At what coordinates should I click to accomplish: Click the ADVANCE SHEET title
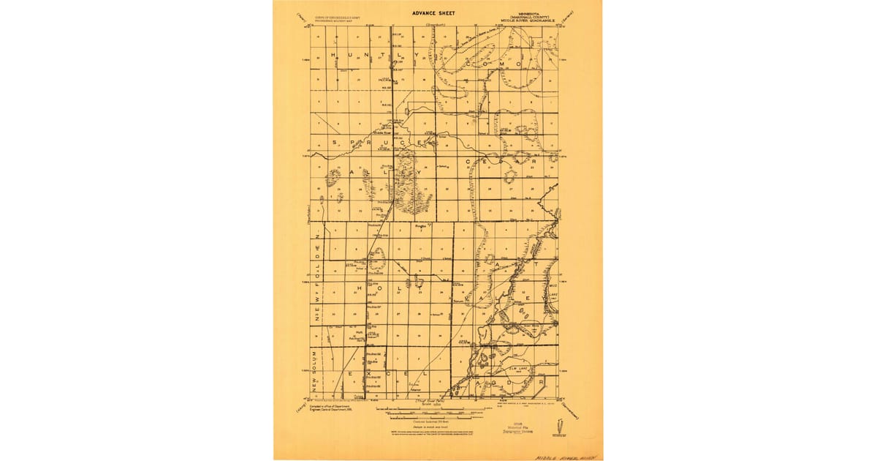(433, 12)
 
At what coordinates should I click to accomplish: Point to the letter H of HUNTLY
(334, 55)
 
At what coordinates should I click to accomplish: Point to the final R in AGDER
(541, 382)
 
